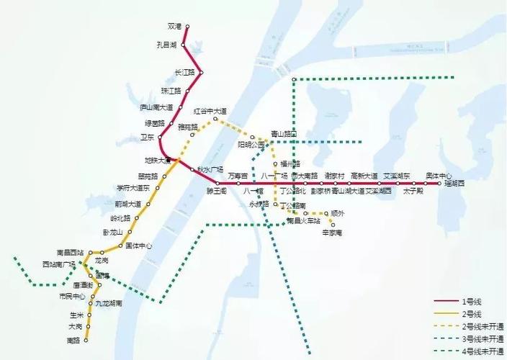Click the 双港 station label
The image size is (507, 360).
pos(174,27)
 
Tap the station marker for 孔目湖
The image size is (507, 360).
pos(183,45)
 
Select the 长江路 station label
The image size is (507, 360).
pos(184,73)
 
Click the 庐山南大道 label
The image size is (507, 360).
pos(156,107)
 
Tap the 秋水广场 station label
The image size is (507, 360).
pos(210,170)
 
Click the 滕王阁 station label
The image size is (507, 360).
pos(217,191)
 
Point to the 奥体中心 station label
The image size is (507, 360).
pos(439,176)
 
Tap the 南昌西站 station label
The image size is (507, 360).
pos(71,253)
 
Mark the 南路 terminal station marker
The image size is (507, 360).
pos(86,340)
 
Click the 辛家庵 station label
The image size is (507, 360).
pos(331,233)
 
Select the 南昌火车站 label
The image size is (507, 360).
pos(302,221)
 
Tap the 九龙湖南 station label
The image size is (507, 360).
pos(109,304)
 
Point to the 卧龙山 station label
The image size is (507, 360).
pos(113,232)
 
